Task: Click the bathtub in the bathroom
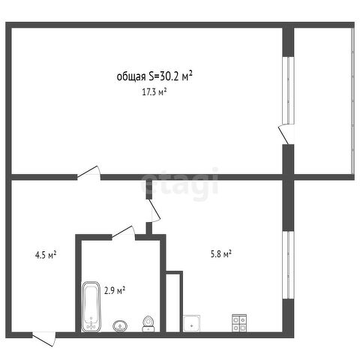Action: pos(91,307)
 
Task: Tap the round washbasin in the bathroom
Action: pos(120,326)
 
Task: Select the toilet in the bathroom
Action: pos(148,324)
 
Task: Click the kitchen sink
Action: pos(191,323)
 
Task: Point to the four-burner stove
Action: pos(239,323)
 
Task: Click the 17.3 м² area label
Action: pos(154,92)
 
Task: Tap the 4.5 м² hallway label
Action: pos(46,255)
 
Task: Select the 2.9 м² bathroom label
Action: pos(115,291)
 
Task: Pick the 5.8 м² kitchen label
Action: pos(221,254)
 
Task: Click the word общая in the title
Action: pos(131,77)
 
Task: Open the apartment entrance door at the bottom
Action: pos(44,338)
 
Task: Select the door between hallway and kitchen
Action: pos(154,210)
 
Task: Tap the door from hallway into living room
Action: pos(89,172)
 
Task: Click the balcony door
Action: pos(286,134)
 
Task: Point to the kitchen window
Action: pos(288,265)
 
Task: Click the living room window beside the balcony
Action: pos(288,91)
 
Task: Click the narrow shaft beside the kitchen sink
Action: pos(173,303)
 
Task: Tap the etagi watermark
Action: pos(180,184)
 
